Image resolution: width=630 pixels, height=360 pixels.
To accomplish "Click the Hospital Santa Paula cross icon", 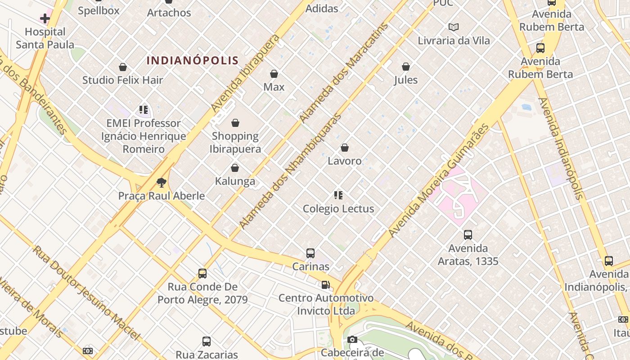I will pyautogui.click(x=45, y=18).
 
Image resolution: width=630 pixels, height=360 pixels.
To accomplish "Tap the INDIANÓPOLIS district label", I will pyautogui.click(x=193, y=60).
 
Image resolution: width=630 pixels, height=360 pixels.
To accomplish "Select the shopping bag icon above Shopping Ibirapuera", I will pyautogui.click(x=235, y=122).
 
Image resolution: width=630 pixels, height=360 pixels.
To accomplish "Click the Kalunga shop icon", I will pyautogui.click(x=234, y=168).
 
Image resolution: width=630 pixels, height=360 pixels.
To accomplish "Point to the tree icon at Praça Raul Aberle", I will pyautogui.click(x=161, y=182).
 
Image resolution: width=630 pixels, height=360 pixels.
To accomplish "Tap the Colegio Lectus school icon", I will pyautogui.click(x=338, y=195).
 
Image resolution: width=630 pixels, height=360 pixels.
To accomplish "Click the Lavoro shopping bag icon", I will pyautogui.click(x=345, y=147).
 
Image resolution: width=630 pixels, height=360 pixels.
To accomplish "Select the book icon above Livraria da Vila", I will pyautogui.click(x=454, y=27).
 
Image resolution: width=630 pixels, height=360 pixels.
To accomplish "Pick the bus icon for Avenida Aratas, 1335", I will pyautogui.click(x=468, y=234).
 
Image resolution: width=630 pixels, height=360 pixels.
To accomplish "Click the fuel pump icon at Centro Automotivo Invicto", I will pyautogui.click(x=325, y=284).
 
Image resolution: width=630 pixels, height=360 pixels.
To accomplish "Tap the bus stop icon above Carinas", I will pyautogui.click(x=310, y=253).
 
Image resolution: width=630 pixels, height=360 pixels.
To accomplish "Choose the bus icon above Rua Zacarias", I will pyautogui.click(x=207, y=341).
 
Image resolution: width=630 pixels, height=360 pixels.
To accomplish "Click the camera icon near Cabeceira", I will pyautogui.click(x=352, y=339).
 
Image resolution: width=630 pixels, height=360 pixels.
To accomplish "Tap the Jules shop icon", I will pyautogui.click(x=406, y=67).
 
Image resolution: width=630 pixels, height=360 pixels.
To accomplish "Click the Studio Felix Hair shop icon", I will pyautogui.click(x=122, y=67).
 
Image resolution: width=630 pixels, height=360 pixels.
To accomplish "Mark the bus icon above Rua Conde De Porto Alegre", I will pyautogui.click(x=202, y=273).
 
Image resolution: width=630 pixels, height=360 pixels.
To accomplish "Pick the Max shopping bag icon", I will pyautogui.click(x=274, y=73).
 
